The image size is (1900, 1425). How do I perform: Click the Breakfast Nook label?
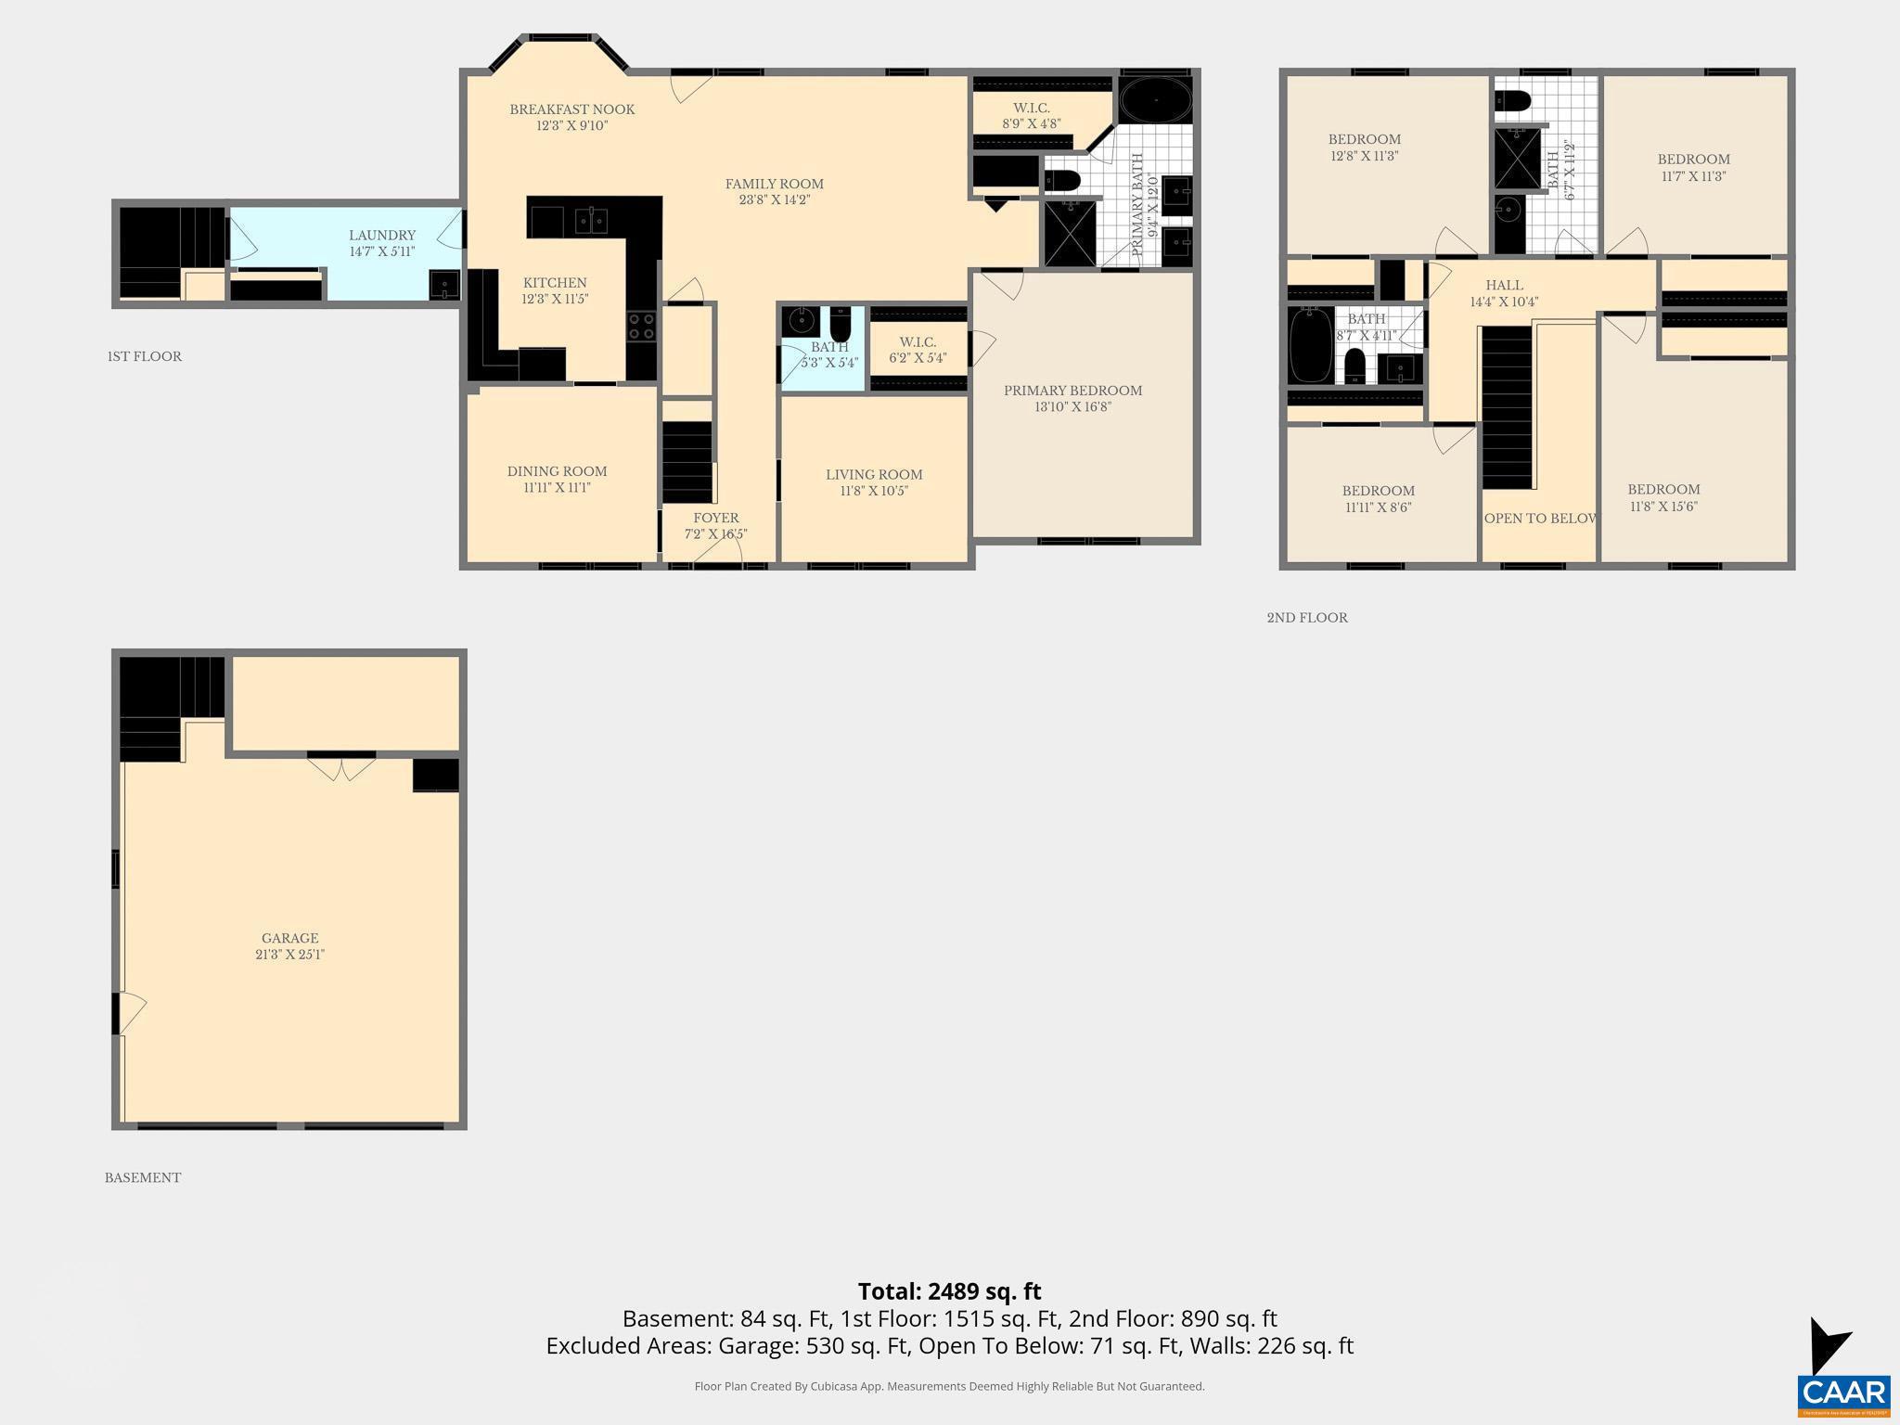click(571, 109)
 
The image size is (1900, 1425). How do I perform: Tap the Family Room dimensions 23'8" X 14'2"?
click(774, 199)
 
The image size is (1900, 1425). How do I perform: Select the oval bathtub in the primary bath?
click(1154, 99)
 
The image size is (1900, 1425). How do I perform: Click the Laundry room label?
click(381, 236)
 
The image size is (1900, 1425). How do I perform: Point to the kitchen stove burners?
click(641, 327)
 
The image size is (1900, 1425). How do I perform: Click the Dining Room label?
click(557, 471)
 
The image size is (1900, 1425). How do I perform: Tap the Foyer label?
click(715, 518)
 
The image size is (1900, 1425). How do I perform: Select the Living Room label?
click(873, 475)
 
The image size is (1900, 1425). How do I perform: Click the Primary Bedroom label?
click(1072, 391)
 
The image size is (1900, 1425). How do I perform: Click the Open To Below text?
click(1540, 518)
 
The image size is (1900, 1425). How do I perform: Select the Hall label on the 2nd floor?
click(1504, 286)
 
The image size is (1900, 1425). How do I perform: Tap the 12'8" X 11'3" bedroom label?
click(1364, 148)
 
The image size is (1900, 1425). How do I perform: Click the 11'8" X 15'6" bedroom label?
click(1663, 497)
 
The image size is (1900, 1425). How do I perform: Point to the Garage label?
click(289, 938)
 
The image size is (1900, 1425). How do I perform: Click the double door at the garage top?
click(341, 768)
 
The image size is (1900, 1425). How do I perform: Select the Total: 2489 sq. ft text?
click(949, 1291)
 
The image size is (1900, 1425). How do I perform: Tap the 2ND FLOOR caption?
click(1306, 618)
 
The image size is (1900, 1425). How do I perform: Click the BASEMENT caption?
click(142, 1178)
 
